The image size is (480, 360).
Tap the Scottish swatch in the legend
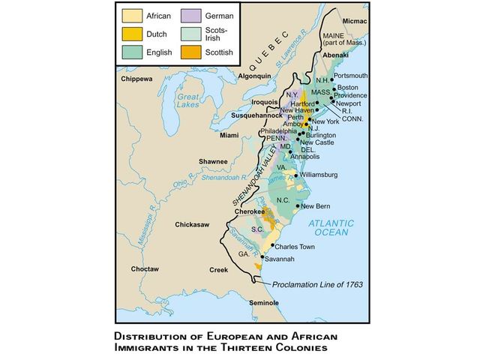pyautogui.click(x=190, y=52)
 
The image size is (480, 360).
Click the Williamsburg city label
pyautogui.click(x=319, y=175)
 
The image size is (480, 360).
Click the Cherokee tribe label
pyautogui.click(x=250, y=211)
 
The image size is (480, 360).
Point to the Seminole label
pyautogui.click(x=263, y=302)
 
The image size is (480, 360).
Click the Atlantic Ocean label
pyautogui.click(x=339, y=227)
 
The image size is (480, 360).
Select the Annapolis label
pyautogui.click(x=315, y=157)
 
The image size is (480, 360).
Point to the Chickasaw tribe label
pyautogui.click(x=192, y=224)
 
